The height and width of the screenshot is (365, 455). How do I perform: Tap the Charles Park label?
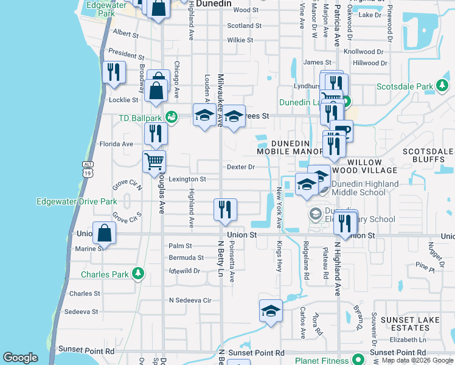tap(105, 274)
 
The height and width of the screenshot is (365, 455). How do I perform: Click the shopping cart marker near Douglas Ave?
tap(154, 162)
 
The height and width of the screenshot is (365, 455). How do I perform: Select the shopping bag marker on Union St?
tap(104, 233)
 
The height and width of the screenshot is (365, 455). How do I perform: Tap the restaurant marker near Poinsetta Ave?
tap(225, 210)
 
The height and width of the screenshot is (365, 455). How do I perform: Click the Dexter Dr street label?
tap(240, 167)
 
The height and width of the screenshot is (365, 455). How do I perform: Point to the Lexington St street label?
tap(187, 179)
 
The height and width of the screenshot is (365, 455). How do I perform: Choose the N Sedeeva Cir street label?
tap(190, 300)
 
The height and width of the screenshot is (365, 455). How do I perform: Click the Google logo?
tap(21, 358)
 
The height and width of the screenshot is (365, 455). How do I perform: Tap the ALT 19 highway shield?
tap(87, 169)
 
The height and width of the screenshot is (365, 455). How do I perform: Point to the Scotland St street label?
tap(244, 26)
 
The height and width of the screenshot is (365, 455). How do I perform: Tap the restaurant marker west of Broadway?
tap(114, 72)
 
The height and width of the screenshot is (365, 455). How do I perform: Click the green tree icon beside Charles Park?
tap(139, 274)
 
